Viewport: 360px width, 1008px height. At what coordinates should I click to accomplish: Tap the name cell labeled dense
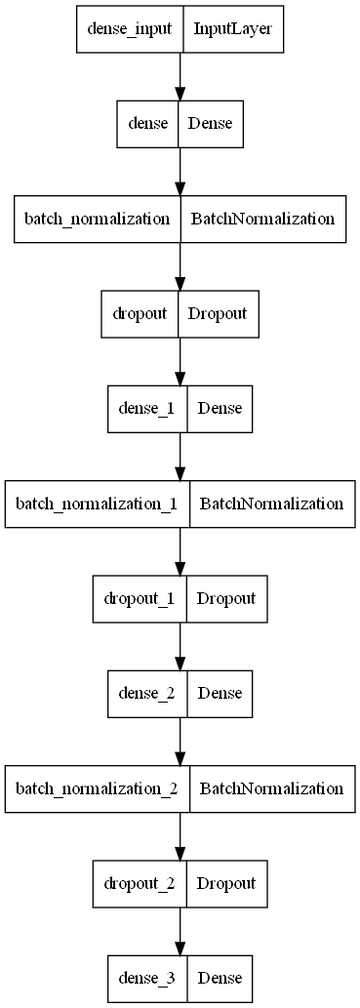(147, 125)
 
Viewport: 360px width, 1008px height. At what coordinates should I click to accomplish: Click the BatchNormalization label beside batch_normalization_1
(271, 504)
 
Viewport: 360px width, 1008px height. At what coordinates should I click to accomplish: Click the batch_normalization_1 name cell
(98, 504)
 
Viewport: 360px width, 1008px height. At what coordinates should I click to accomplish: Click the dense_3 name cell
(147, 976)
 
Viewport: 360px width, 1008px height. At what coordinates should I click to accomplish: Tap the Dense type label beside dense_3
(220, 976)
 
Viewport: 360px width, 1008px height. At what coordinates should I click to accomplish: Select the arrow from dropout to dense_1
(180, 362)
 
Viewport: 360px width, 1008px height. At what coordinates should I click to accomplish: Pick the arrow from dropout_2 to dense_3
(180, 930)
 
